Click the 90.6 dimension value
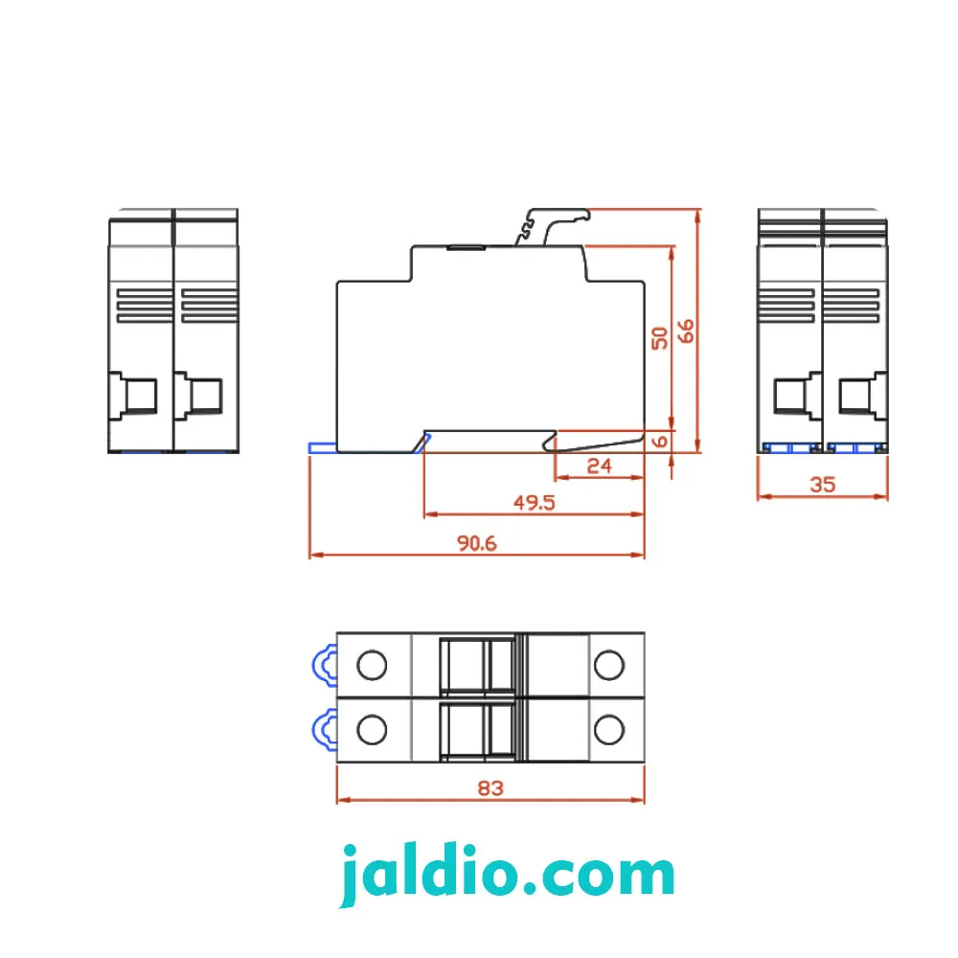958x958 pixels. point(476,543)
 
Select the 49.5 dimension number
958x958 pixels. point(534,503)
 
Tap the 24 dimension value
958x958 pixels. point(599,467)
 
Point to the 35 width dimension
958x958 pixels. point(822,485)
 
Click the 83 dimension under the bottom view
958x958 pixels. point(490,788)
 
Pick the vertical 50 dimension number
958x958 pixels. point(660,338)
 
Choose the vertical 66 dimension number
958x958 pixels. point(686,331)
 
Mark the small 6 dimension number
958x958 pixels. point(660,441)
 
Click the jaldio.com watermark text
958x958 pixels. point(507,875)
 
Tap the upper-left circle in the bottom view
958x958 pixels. point(372,665)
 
